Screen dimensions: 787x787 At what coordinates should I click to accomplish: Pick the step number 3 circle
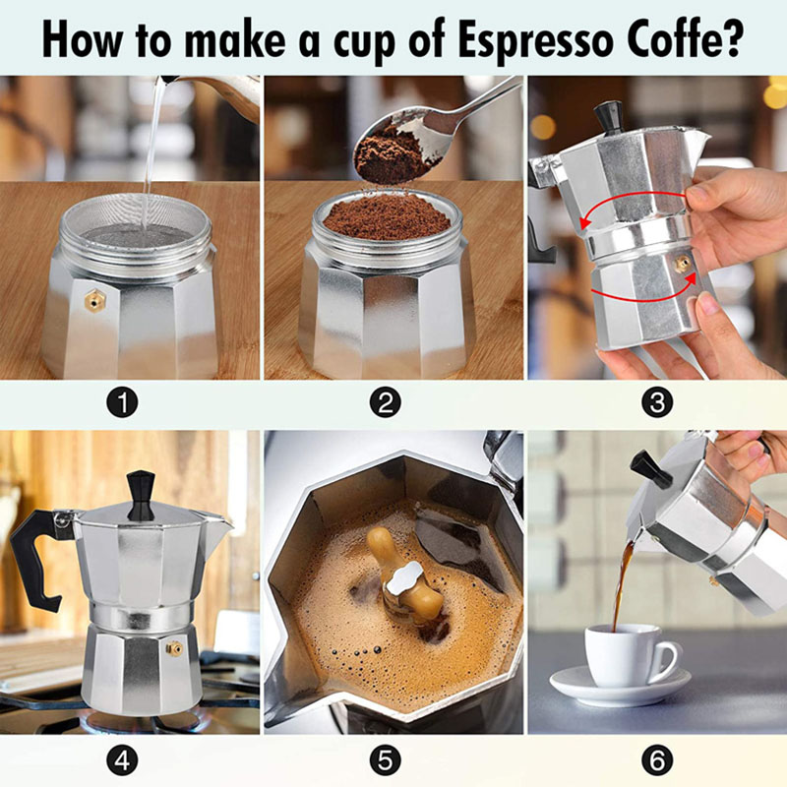click(x=656, y=401)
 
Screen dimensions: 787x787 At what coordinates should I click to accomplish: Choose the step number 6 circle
click(x=656, y=759)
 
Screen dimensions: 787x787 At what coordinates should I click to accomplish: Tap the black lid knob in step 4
click(x=141, y=494)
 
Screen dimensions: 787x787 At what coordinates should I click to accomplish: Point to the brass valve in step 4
click(x=174, y=648)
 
